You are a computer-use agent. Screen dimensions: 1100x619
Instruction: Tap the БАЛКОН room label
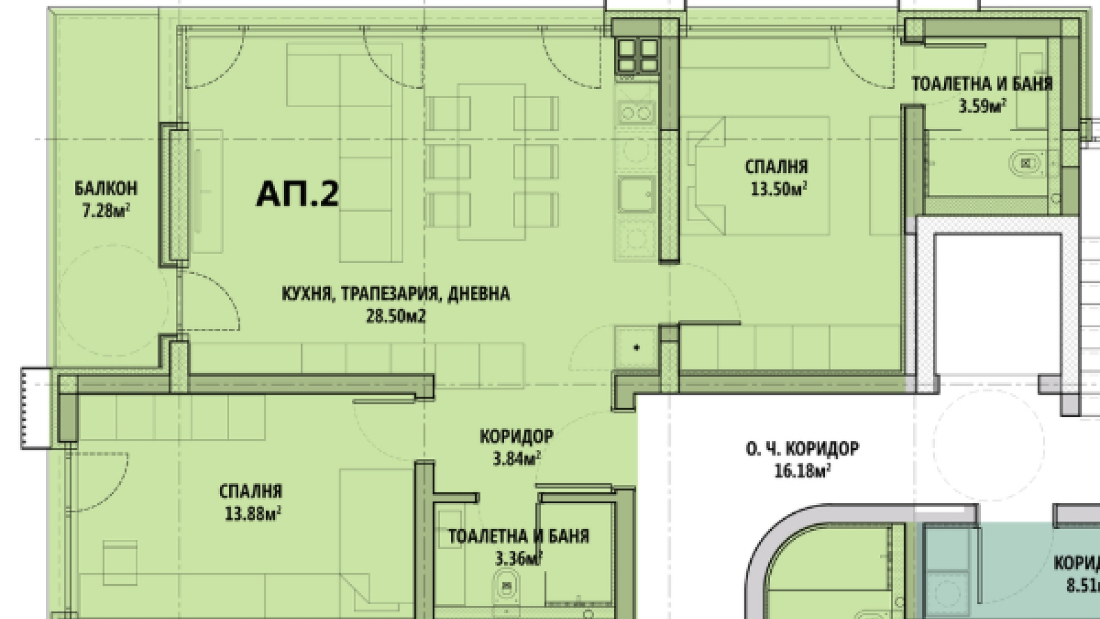[106, 188]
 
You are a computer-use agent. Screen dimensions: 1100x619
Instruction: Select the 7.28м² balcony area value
[106, 211]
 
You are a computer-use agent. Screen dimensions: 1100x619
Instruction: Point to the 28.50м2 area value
[396, 316]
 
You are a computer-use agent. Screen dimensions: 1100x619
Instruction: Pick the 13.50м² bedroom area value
[779, 189]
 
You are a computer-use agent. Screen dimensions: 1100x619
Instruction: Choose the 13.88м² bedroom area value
[253, 514]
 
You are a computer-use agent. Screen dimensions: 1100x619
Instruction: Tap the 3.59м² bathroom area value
[983, 107]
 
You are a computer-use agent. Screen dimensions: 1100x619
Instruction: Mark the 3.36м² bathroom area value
[518, 558]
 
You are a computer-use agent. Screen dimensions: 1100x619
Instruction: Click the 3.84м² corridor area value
[517, 459]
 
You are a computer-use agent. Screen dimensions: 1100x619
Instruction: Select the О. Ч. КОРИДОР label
[802, 448]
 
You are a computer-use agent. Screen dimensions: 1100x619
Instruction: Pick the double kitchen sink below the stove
[637, 111]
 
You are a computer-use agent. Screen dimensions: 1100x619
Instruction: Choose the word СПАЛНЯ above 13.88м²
[251, 492]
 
